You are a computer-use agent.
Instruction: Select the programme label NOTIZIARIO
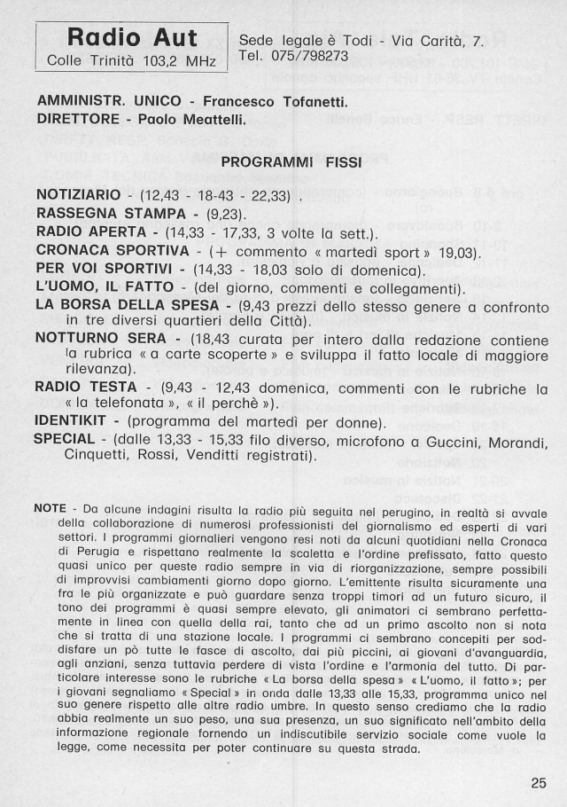[x=77, y=195]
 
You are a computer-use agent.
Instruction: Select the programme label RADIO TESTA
[x=86, y=388]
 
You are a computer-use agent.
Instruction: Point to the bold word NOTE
[x=50, y=509]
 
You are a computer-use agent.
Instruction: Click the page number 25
[x=540, y=782]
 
